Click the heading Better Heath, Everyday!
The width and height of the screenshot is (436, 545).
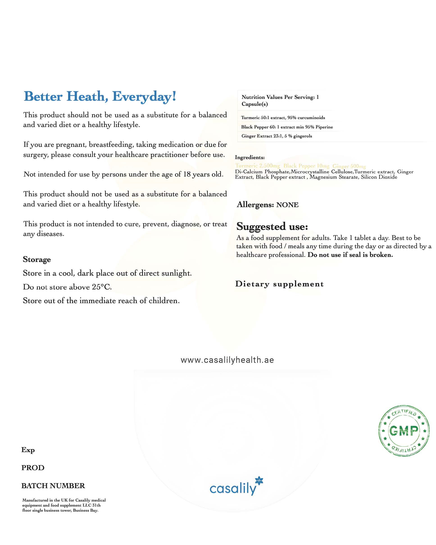pos(100,97)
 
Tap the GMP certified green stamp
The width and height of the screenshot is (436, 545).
pos(403,431)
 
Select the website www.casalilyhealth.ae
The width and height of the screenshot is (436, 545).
pos(227,360)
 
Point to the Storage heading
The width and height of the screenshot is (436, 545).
pos(37,260)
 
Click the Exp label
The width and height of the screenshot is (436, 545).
pos(28,450)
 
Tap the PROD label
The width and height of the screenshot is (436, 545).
pos(33,468)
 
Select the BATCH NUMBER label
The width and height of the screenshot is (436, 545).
pos(53,486)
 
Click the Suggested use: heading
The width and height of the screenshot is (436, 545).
pos(272,227)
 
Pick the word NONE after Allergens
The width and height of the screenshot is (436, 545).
pos(287,205)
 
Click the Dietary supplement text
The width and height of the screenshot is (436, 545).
pos(279,284)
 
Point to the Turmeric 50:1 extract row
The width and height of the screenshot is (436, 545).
pos(283,118)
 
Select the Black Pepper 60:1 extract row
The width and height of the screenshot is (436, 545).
pos(287,127)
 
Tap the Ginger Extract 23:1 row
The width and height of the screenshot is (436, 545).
pos(277,136)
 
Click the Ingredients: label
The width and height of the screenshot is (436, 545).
pos(250,157)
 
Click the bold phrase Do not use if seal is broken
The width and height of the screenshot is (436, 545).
pos(350,255)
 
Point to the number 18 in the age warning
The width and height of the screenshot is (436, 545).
pos(187,174)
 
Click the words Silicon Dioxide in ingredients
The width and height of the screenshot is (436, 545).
pos(379,177)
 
